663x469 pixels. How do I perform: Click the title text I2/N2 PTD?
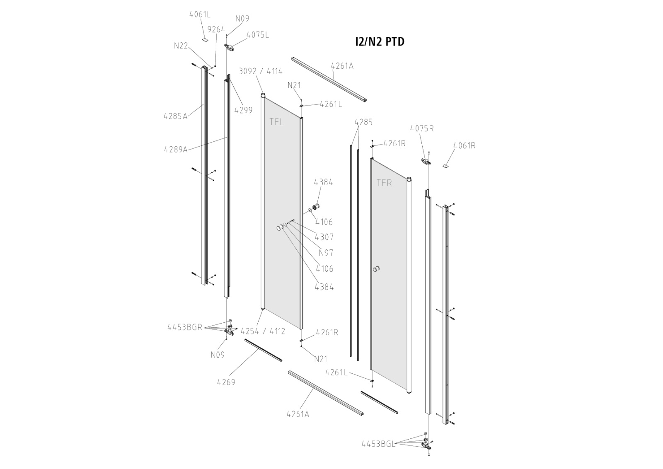pos(380,42)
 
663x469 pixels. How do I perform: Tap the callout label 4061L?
pos(200,15)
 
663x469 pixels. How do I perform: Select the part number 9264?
pos(216,29)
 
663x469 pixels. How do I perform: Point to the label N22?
pos(181,46)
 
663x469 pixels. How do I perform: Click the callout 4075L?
pos(257,35)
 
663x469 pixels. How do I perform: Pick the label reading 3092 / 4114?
pos(261,71)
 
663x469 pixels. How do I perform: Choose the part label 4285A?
pos(175,116)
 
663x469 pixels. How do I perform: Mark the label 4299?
pos(243,110)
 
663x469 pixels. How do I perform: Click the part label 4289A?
pos(175,150)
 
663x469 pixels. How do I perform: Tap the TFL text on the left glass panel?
pos(277,122)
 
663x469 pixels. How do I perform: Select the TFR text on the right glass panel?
pos(384,183)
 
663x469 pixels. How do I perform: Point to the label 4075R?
pos(422,128)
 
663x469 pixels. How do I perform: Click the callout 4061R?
pos(464,146)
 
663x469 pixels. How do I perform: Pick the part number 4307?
pos(324,237)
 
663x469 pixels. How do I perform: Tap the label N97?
pos(326,253)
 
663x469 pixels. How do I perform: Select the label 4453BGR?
pos(184,327)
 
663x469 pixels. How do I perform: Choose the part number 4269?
pos(226,382)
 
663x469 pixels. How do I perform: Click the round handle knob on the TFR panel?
pos(376,269)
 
